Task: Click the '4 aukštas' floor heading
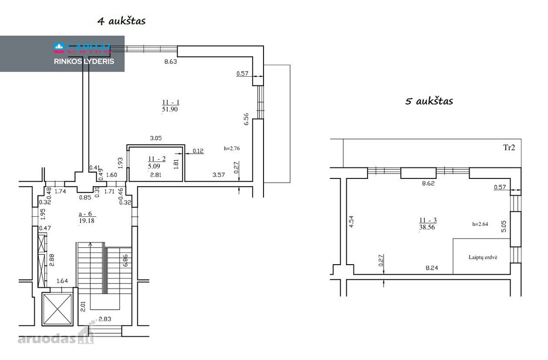121,21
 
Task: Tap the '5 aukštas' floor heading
429,101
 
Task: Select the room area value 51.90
170,109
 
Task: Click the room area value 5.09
154,166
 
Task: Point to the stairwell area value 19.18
87,221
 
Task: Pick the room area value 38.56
427,227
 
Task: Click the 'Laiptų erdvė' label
483,257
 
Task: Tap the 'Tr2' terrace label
509,147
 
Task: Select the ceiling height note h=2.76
232,148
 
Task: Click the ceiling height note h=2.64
480,224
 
